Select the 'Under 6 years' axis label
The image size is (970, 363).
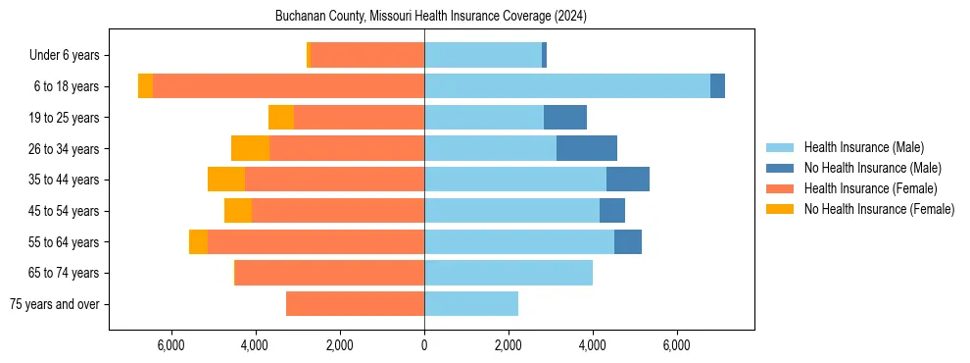pos(70,55)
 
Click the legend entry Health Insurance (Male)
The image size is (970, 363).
pos(863,147)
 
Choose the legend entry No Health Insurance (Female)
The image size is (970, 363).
pos(879,209)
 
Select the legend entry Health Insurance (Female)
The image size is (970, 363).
pos(870,188)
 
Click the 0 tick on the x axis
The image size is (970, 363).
pos(424,346)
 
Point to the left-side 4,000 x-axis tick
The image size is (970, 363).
pos(255,346)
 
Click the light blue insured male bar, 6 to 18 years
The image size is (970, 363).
pos(567,86)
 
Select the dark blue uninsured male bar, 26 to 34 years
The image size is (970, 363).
pos(587,148)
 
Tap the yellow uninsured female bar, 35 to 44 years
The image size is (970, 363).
pos(226,180)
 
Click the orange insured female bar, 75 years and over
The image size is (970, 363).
pos(355,304)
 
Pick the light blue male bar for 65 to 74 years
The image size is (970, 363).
pos(509,273)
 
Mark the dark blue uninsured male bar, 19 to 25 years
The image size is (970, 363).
pos(565,118)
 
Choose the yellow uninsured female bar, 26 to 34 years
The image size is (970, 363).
pos(250,148)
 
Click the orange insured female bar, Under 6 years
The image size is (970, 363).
pos(367,55)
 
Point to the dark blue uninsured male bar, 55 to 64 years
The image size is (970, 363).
pos(628,241)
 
